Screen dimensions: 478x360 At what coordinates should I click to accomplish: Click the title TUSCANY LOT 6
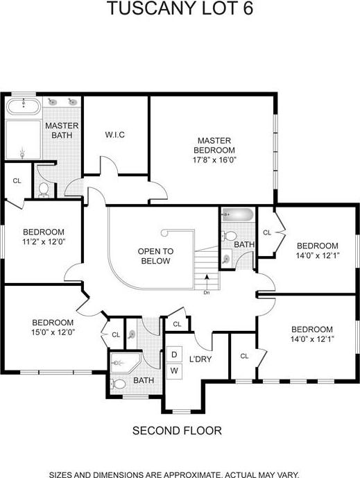[x=180, y=10]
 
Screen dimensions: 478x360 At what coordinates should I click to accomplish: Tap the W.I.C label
[x=114, y=134]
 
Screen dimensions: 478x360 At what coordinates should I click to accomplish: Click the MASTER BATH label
[x=62, y=130]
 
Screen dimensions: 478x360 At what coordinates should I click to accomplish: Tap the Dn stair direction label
[x=206, y=292]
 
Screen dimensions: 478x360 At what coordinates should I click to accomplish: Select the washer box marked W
[x=174, y=370]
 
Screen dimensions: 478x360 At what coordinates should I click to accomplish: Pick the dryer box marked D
[x=174, y=355]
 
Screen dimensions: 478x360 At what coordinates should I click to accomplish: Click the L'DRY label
[x=200, y=359]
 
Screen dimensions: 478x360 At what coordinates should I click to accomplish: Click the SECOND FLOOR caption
[x=177, y=431]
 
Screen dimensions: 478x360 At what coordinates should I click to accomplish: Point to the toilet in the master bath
[x=44, y=188]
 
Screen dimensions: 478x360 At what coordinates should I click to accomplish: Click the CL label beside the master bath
[x=16, y=180]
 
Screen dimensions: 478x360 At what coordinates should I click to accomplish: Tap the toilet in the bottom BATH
[x=119, y=382]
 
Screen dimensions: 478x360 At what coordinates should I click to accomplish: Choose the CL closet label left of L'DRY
[x=177, y=324]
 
